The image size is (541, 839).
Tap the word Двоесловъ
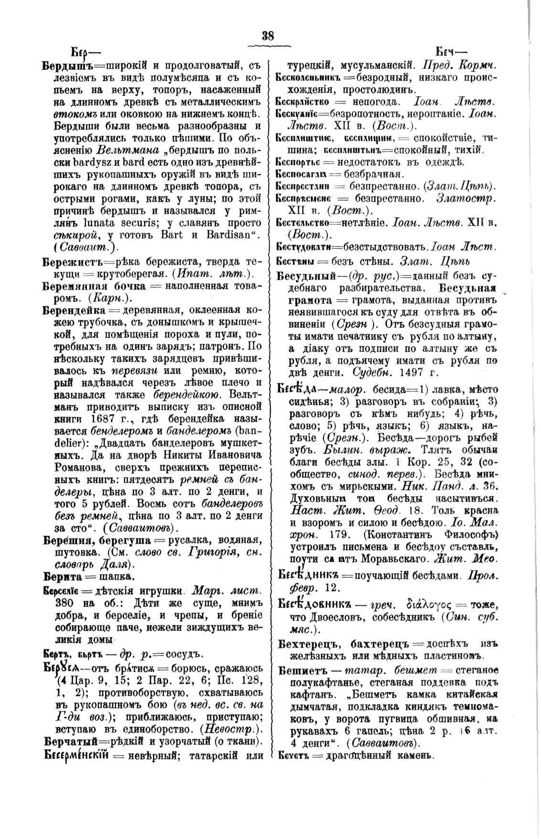pos(324,615)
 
